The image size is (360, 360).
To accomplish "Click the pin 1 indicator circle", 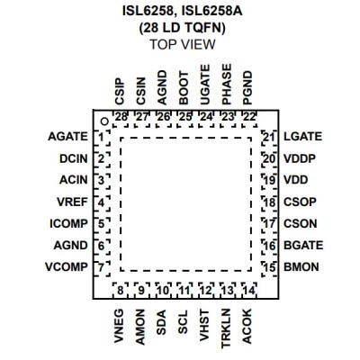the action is (104, 121).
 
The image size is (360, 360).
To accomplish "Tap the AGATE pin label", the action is (68, 137).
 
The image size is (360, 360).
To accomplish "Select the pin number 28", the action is (121, 117).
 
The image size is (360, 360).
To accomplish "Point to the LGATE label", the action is (302, 137).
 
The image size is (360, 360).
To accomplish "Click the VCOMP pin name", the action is (67, 266).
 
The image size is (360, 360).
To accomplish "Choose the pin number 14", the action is (249, 290).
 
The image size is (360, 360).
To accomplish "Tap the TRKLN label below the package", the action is (226, 328).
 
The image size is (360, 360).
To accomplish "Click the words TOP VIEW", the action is (183, 44).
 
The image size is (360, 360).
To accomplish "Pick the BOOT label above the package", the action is (184, 88).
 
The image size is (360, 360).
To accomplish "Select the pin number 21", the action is (269, 137).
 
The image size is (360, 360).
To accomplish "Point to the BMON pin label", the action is (301, 266).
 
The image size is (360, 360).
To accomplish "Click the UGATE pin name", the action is (205, 85).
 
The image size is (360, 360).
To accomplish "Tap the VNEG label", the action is (119, 326).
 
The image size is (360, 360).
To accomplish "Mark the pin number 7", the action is (101, 267).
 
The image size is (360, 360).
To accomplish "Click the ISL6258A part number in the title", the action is (212, 12).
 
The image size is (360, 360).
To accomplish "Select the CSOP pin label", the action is (300, 202).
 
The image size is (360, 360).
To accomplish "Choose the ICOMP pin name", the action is (68, 223).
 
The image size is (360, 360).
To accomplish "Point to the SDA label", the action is (162, 322).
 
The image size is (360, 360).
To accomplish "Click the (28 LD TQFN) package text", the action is (182, 28).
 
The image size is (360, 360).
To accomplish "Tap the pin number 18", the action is (269, 202).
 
